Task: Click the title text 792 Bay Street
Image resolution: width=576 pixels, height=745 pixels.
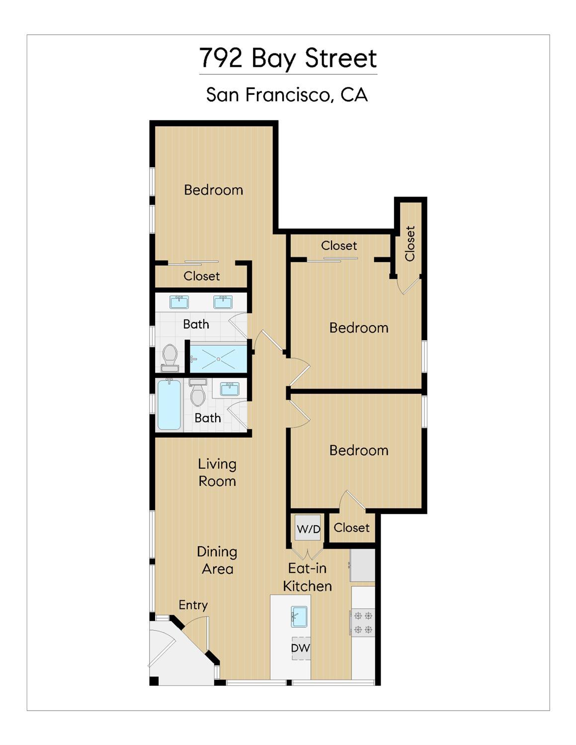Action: pyautogui.click(x=288, y=58)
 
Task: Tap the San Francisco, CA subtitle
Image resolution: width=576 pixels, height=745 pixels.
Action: pyautogui.click(x=287, y=95)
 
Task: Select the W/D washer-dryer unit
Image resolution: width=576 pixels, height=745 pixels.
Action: pyautogui.click(x=308, y=529)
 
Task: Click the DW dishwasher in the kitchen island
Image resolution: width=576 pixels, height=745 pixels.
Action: pyautogui.click(x=301, y=648)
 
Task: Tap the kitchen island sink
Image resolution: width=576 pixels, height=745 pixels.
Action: pyautogui.click(x=299, y=617)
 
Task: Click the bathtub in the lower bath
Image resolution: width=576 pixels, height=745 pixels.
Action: pyautogui.click(x=169, y=405)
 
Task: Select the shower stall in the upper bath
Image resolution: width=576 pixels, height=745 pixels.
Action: pyautogui.click(x=218, y=359)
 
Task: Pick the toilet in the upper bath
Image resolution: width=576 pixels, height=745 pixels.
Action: pyautogui.click(x=169, y=358)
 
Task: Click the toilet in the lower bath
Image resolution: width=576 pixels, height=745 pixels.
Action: pyautogui.click(x=197, y=393)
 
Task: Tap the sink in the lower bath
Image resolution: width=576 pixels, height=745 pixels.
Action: pyautogui.click(x=230, y=390)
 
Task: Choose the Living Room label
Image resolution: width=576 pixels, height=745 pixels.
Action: pyautogui.click(x=217, y=473)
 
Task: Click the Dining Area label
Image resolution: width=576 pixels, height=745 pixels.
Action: pyautogui.click(x=217, y=560)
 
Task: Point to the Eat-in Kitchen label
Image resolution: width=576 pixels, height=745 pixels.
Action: pyautogui.click(x=307, y=578)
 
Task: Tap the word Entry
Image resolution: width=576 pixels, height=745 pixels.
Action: pyautogui.click(x=193, y=605)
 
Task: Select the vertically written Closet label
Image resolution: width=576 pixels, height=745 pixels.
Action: pyautogui.click(x=410, y=244)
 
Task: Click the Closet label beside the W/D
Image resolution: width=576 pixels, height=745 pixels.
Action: pyautogui.click(x=351, y=528)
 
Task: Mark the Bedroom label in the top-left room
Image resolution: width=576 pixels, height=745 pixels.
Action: pyautogui.click(x=214, y=190)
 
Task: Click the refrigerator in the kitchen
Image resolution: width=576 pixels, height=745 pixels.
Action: pyautogui.click(x=362, y=565)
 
